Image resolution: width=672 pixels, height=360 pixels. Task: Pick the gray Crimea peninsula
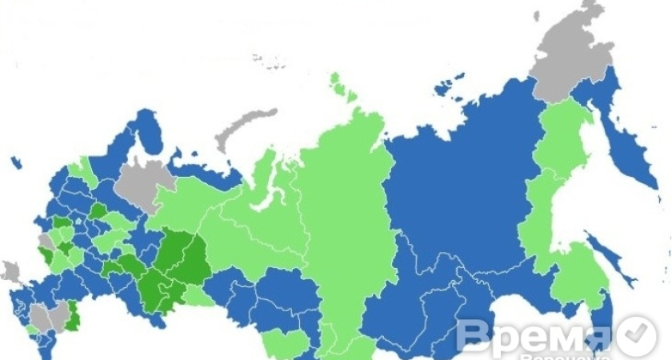pos(10,271)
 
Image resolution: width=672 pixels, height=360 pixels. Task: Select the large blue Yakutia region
pos(456,184)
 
